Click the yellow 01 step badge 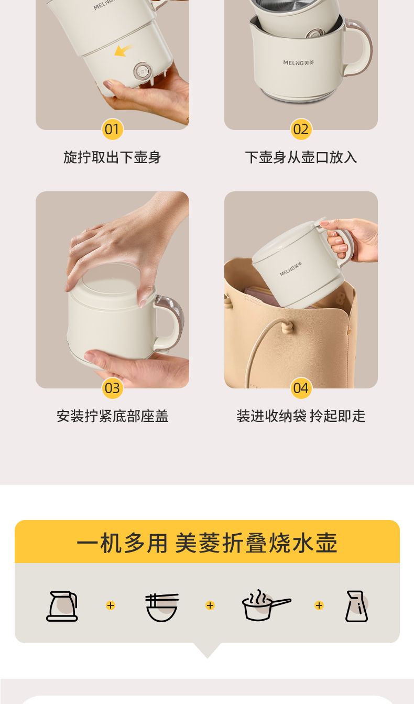(112, 129)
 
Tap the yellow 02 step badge (301, 129)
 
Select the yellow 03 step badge (112, 388)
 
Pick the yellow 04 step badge (301, 388)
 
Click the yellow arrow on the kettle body (123, 51)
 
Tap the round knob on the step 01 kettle (142, 72)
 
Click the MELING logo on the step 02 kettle (298, 63)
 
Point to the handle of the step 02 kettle (361, 47)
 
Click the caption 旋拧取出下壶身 (112, 157)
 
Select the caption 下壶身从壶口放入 (301, 157)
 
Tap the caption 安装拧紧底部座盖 (113, 416)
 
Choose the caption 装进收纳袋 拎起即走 (301, 416)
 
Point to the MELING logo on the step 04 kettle (291, 269)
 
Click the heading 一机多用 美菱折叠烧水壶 (207, 543)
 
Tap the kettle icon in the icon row (62, 606)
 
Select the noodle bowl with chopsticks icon (162, 608)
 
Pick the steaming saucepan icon (266, 605)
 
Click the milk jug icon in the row (356, 606)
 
